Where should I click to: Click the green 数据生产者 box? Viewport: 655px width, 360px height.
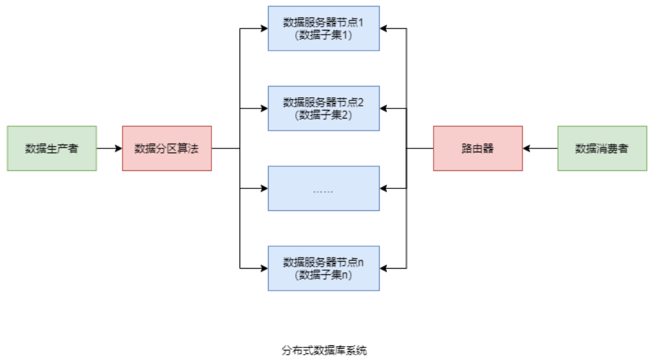click(52, 148)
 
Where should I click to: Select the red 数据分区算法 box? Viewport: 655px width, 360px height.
click(167, 148)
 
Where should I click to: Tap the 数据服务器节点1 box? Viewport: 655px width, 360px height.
click(324, 29)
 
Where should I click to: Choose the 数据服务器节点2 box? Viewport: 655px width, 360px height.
click(324, 108)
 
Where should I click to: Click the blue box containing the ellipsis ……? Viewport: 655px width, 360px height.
click(324, 188)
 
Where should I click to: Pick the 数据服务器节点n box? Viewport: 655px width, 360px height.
click(324, 268)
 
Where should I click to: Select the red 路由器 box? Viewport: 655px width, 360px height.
click(477, 148)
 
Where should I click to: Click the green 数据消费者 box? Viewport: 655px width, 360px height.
click(602, 148)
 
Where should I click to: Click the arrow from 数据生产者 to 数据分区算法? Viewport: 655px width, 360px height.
click(109, 148)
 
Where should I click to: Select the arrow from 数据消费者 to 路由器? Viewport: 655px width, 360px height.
click(540, 148)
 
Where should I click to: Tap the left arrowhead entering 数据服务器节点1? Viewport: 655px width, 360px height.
click(264, 29)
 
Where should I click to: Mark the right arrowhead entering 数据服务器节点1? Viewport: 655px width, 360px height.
click(384, 29)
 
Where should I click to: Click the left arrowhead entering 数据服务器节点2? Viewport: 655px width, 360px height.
click(264, 108)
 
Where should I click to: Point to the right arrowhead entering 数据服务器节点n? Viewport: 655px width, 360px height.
click(384, 268)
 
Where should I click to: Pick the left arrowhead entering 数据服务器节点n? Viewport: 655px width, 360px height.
click(264, 268)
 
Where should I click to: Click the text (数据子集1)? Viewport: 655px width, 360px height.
click(324, 35)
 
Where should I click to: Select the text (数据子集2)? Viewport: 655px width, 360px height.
click(324, 115)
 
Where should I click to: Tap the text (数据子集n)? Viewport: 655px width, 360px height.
click(324, 275)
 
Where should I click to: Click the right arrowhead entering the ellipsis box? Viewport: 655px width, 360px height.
click(384, 188)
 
